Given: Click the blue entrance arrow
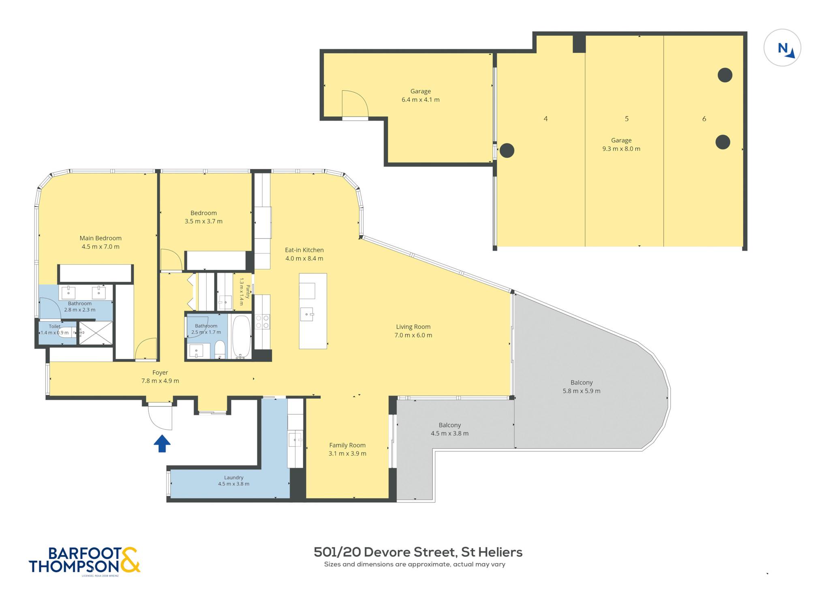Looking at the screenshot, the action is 162,443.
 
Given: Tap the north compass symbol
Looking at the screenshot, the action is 782,47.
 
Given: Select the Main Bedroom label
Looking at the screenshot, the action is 101,238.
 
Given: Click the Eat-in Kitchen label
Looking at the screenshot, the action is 304,250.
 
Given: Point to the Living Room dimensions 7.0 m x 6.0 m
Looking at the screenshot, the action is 413,335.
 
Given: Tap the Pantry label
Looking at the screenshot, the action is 248,292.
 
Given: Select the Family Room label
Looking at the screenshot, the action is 347,445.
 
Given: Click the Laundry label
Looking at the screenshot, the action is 234,477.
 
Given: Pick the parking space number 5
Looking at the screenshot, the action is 627,119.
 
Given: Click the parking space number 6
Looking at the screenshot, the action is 704,119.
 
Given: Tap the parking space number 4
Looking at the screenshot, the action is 546,119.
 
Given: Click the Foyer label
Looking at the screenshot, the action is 160,373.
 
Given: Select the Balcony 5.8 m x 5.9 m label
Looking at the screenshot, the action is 582,387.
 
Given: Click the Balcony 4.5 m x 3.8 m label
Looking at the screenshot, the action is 450,429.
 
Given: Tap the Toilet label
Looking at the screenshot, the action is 55,326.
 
